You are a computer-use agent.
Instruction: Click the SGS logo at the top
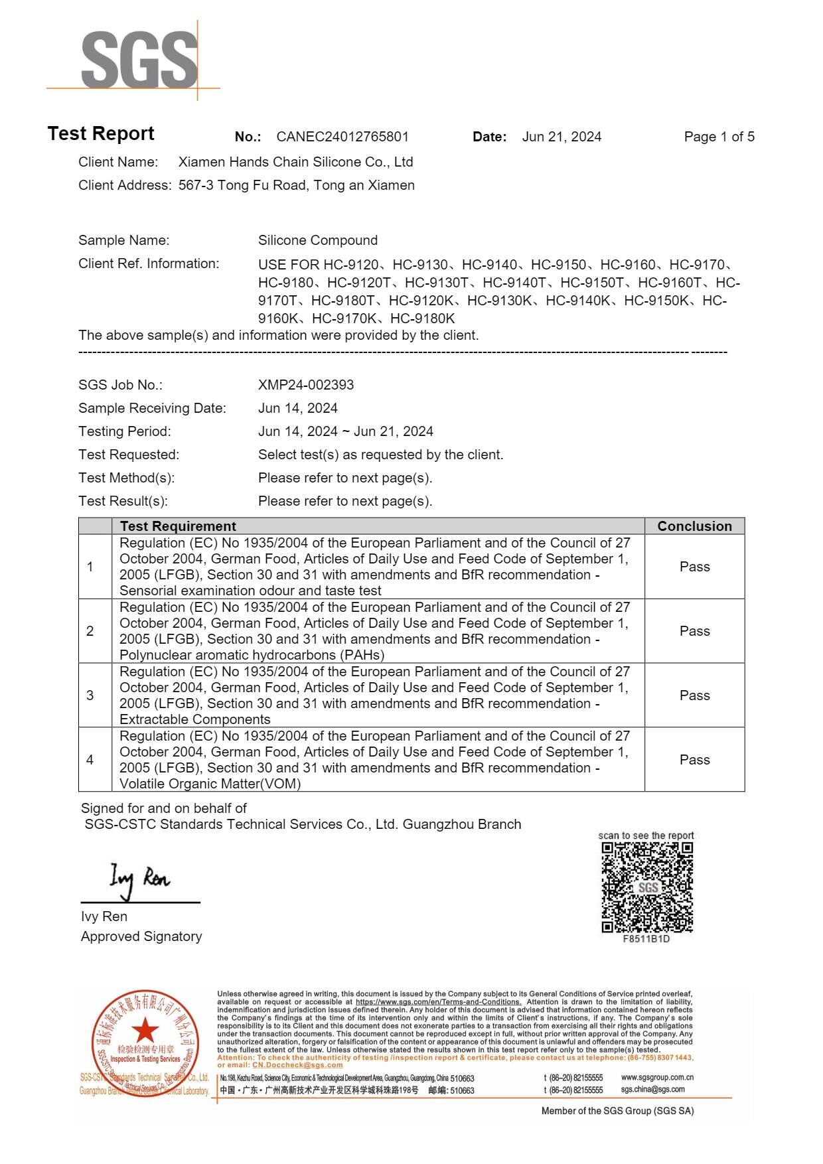(x=139, y=60)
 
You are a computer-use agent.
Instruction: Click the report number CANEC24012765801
(x=342, y=137)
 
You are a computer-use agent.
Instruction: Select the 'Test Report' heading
(x=101, y=133)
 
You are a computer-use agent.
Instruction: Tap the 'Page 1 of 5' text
(x=719, y=137)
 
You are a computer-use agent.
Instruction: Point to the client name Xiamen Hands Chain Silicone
(x=295, y=162)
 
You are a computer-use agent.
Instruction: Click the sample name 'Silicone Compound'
(x=317, y=240)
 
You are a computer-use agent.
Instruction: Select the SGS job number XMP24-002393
(x=305, y=385)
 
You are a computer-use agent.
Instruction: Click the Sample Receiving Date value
(x=297, y=408)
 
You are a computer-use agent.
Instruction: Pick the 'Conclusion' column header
(x=694, y=526)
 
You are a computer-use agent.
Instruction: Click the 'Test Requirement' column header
(x=178, y=526)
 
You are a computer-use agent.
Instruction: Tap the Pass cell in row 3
(x=694, y=695)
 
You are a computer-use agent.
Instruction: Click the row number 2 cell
(x=90, y=631)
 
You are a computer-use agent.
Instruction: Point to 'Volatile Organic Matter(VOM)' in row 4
(x=210, y=784)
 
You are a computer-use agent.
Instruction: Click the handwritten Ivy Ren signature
(x=139, y=879)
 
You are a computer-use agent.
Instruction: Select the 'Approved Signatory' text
(x=141, y=936)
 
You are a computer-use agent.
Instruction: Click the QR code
(x=647, y=887)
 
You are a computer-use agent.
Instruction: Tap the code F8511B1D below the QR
(x=646, y=939)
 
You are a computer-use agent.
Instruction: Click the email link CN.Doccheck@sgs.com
(x=297, y=1065)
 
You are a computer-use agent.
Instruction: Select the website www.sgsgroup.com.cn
(x=657, y=1078)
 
